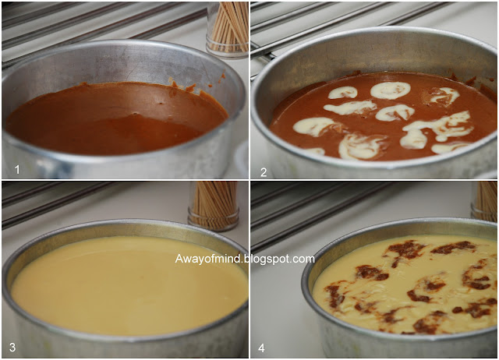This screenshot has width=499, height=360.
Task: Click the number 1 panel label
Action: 17,170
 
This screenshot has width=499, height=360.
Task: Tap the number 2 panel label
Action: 264,172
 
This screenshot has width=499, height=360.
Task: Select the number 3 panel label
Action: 12,347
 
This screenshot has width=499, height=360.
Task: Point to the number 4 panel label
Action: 261,348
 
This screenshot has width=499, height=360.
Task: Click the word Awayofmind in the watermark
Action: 208,259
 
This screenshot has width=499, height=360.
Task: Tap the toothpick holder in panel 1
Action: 228,30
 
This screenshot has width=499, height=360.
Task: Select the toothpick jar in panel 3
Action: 214,206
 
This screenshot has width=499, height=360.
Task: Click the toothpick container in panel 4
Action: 484,201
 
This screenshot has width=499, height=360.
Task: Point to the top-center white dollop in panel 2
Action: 390,90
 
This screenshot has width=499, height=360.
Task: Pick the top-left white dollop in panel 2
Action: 343,93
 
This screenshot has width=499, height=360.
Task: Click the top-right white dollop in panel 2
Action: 444,96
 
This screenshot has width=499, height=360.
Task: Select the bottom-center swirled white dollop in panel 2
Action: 362,146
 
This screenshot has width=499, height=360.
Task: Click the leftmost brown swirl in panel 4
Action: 334,296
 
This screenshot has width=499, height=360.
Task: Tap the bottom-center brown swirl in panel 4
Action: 426,323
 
